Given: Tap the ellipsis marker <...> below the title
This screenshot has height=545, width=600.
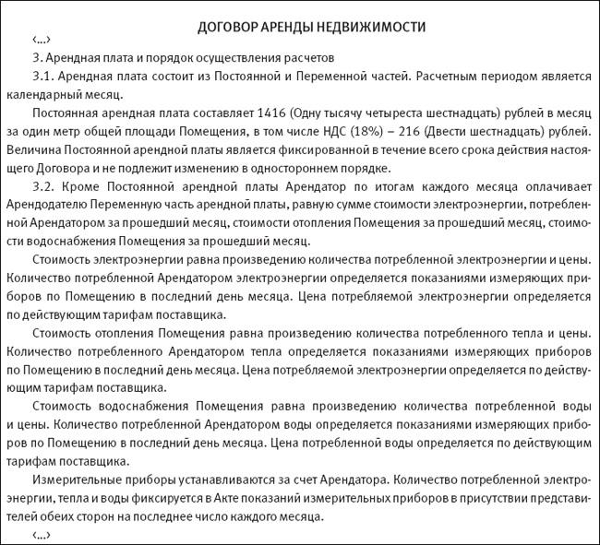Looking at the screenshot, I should pyautogui.click(x=42, y=41).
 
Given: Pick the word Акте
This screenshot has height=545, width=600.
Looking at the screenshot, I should pyautogui.click(x=225, y=499).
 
